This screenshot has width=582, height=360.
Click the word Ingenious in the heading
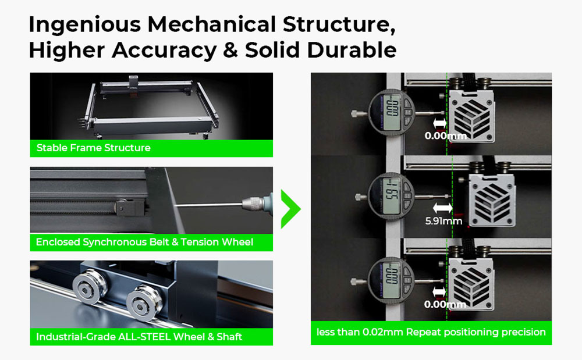tap(84, 25)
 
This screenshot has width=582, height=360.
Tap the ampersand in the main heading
tap(230, 51)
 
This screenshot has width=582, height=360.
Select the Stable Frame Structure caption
tap(94, 148)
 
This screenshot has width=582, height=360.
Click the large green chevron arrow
tap(290, 209)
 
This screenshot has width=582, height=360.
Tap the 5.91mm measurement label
tap(443, 222)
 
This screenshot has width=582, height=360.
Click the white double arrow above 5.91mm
tap(442, 208)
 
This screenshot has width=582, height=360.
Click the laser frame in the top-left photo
tap(151, 107)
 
